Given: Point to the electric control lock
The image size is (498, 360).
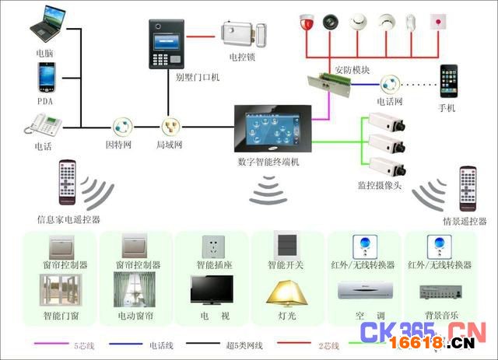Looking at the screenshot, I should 243,34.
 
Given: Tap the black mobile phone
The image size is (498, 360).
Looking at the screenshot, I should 450,81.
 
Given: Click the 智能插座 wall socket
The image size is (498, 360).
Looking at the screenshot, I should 212,246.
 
